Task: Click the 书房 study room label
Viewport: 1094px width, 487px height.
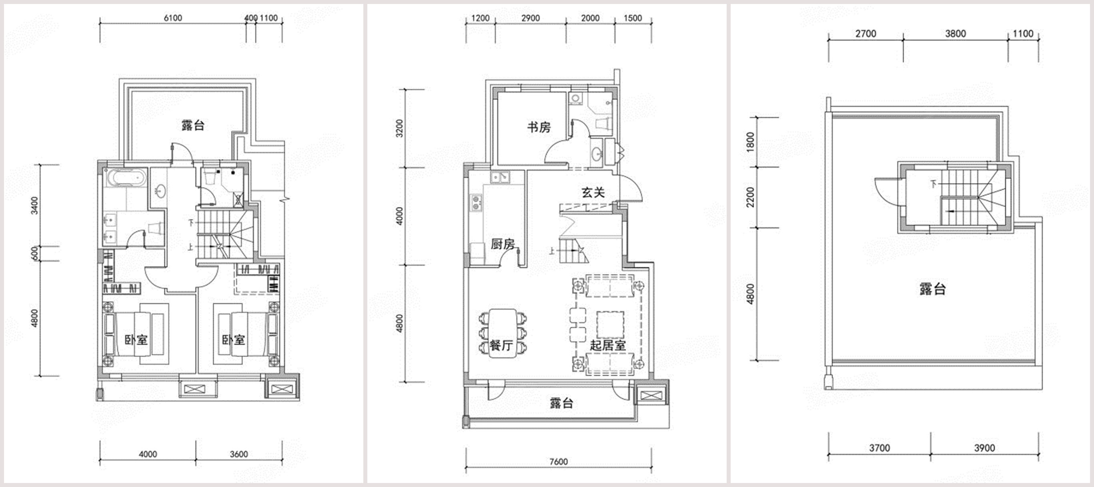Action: coord(539,127)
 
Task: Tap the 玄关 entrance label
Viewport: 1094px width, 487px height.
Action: coord(593,192)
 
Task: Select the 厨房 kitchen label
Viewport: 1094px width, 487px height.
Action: coord(503,244)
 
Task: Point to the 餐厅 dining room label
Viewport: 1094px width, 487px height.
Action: coord(501,345)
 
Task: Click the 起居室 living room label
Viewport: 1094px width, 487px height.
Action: coord(608,345)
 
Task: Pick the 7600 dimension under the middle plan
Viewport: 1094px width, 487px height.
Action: coord(559,461)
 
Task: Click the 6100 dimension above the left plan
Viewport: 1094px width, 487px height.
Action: coord(173,18)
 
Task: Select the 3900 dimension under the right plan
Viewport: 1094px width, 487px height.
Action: coord(985,447)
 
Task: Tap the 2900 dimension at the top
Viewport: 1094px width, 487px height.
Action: coord(531,18)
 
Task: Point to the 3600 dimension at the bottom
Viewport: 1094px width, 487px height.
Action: coord(239,454)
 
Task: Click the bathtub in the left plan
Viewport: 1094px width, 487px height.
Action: coord(126,178)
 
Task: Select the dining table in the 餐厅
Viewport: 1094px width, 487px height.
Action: coord(502,334)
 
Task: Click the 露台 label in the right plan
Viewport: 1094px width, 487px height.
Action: coord(933,289)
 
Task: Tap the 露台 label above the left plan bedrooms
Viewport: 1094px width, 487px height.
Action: coord(193,125)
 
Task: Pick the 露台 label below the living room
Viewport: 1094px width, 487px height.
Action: coord(561,403)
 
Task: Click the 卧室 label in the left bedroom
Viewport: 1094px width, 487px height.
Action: coord(136,340)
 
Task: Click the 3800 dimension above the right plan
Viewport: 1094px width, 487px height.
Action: coord(955,34)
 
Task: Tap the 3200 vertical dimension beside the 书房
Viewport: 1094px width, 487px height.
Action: coord(399,128)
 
